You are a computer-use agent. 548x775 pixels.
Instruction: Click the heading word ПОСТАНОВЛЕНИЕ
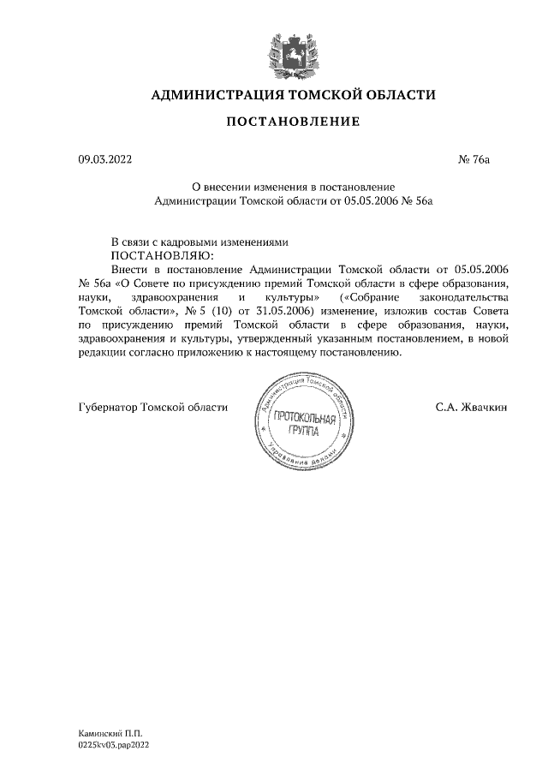[x=293, y=122]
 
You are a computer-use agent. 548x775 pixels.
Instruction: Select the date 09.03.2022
[x=104, y=158]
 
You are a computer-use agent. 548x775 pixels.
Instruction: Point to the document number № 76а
[x=474, y=158]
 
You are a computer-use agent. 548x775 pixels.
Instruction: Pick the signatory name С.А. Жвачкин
[x=470, y=408]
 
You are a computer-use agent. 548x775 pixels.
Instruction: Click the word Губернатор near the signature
[x=108, y=408]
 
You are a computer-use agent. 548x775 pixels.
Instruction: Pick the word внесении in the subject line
[x=230, y=186]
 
